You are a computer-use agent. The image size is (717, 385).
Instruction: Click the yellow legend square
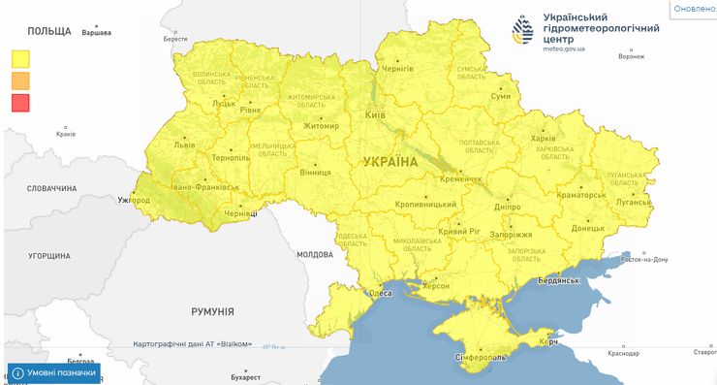pyautogui.click(x=20, y=58)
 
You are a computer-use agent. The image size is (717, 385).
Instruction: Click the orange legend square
pyautogui.click(x=20, y=80)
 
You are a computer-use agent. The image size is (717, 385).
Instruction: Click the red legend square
pyautogui.click(x=20, y=102)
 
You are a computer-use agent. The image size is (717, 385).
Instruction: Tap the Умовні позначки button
pyautogui.click(x=55, y=372)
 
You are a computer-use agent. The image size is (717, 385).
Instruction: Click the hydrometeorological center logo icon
pyautogui.click(x=523, y=31)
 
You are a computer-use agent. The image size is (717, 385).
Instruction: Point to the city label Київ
pyautogui.click(x=374, y=115)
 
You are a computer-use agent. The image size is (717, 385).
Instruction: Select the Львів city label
pyautogui.click(x=184, y=144)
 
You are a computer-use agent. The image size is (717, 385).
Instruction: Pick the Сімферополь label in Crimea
pyautogui.click(x=482, y=358)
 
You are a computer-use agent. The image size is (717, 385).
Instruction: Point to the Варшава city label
pyautogui.click(x=95, y=33)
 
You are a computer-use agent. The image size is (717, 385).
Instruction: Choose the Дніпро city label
pyautogui.click(x=507, y=207)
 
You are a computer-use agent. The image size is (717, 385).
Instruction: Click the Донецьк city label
pyautogui.click(x=587, y=229)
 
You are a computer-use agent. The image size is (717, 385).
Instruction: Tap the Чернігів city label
pyautogui.click(x=397, y=69)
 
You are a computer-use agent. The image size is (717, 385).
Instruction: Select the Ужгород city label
pyautogui.click(x=134, y=201)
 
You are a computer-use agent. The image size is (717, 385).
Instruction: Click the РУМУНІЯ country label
pyautogui.click(x=212, y=311)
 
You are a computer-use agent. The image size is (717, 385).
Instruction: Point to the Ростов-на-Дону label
pyautogui.click(x=644, y=259)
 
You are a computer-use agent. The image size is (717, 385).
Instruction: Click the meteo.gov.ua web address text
pyautogui.click(x=564, y=48)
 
